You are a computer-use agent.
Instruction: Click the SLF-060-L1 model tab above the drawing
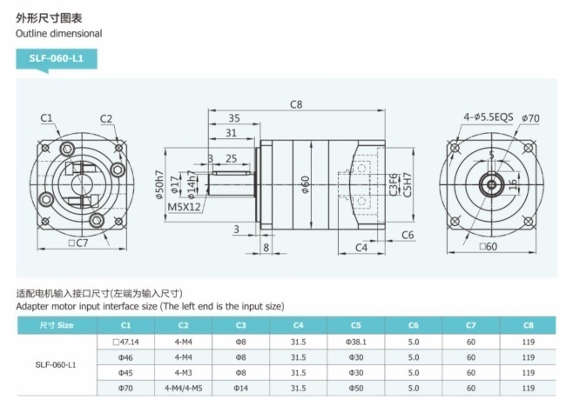click(56, 58)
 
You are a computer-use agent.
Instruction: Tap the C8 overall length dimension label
click(296, 105)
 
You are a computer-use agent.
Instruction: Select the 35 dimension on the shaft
click(234, 118)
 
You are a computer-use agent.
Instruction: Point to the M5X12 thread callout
click(184, 207)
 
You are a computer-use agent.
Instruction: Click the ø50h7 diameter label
click(159, 184)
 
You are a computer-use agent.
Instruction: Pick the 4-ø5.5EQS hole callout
click(489, 116)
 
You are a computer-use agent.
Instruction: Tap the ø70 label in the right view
click(531, 118)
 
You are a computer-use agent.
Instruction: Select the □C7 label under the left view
click(78, 243)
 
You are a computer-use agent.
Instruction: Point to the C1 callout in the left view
click(46, 118)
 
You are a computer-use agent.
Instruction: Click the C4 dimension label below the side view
click(361, 248)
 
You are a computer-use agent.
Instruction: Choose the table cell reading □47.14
click(125, 342)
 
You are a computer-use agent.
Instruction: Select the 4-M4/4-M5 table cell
click(183, 388)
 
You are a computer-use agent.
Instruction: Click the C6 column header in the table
click(414, 325)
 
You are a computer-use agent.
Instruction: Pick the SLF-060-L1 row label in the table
click(56, 365)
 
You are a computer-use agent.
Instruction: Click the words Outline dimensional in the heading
click(58, 33)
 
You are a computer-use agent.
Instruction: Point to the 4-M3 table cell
click(183, 372)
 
